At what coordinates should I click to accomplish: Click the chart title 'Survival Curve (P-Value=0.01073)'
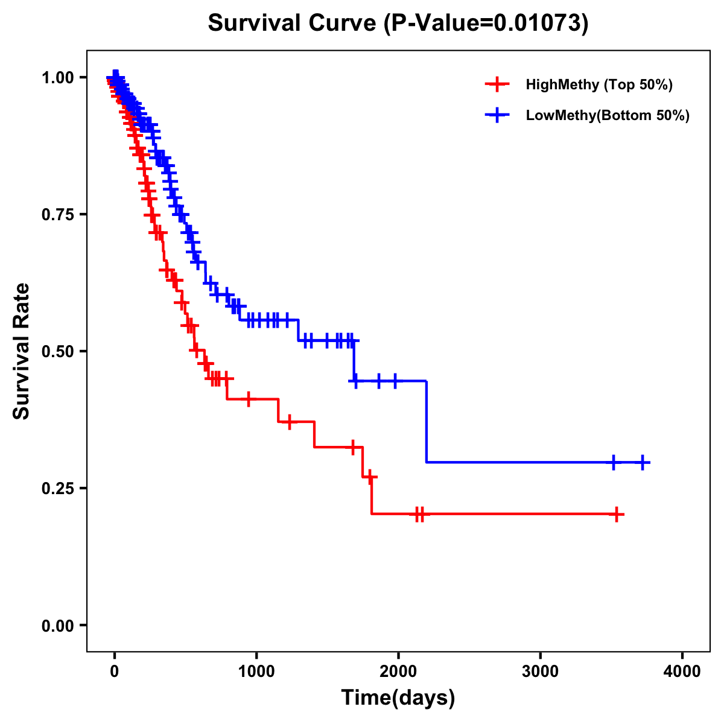(398, 24)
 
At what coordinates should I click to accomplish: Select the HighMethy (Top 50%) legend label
(599, 84)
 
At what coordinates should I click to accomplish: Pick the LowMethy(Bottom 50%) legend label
(608, 115)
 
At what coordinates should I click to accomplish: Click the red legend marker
(497, 84)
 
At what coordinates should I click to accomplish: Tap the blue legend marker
(497, 115)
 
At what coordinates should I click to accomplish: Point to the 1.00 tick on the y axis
(57, 78)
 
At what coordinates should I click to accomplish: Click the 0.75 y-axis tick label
(57, 215)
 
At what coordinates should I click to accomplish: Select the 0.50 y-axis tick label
(57, 352)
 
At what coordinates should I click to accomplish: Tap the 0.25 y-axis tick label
(57, 489)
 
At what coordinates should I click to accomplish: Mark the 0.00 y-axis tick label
(57, 626)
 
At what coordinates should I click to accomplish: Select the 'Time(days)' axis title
(398, 698)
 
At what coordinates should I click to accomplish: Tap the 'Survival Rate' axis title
(22, 351)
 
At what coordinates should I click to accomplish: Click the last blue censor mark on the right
(643, 463)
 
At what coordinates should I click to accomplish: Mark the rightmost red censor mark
(616, 515)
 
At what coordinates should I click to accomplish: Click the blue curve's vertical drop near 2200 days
(427, 422)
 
